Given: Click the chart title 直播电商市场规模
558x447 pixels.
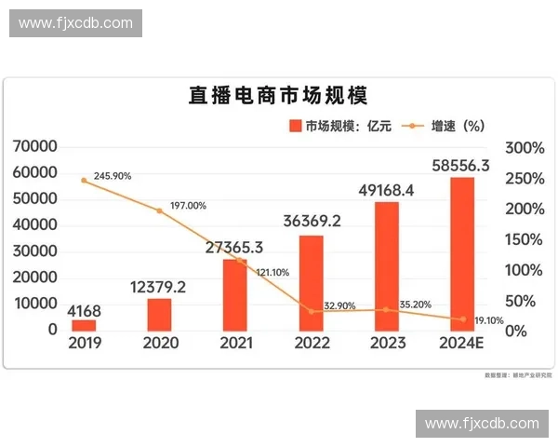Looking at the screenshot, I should pos(278,97).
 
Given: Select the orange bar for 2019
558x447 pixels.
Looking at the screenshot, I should pos(85,324).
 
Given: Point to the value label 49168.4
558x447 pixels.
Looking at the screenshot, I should pos(386,191).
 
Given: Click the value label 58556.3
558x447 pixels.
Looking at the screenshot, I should pos(462,166).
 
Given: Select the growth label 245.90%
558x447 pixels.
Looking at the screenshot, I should pos(112,175).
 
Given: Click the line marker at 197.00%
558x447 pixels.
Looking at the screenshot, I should pos(159,210).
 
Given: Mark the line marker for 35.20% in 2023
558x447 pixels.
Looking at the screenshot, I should pos(386,309).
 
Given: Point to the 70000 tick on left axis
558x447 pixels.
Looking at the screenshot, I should pos(36,147).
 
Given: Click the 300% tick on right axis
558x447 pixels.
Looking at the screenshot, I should pos(523,148).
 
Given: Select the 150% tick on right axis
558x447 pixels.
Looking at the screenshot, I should pos(523,239).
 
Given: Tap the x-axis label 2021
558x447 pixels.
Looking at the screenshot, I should pos(236,343).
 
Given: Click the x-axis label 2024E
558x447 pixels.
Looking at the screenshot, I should pos(462,343).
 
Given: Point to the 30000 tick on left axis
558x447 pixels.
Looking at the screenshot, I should pos(36,251).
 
